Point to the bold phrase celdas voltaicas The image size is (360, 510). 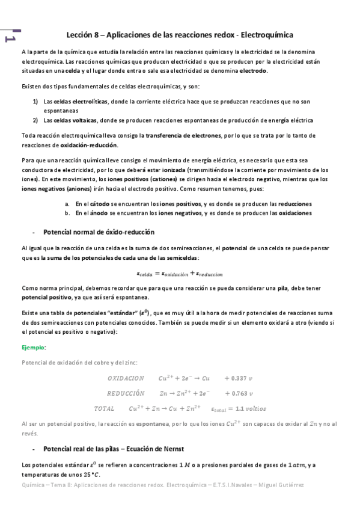tap(73, 120)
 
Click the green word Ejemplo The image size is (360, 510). tap(33, 348)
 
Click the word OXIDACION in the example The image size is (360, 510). tap(126, 378)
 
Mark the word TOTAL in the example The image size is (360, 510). tap(104, 408)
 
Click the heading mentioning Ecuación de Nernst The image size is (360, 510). tap(114, 449)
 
